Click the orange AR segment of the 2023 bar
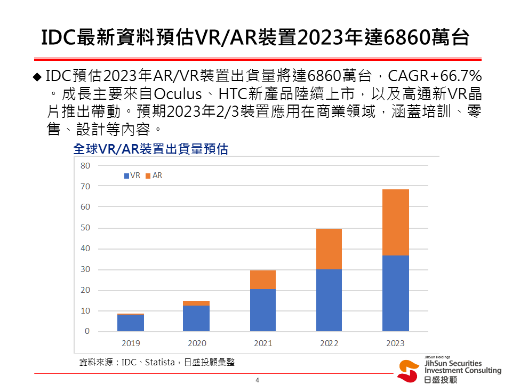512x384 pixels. point(396,222)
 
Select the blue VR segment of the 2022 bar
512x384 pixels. point(329,300)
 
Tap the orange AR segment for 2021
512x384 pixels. point(263,279)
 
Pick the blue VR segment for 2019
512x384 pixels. point(131,323)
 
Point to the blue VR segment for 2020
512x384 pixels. point(197,318)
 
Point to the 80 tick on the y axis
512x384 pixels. point(85,165)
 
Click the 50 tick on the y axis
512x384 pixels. point(85,228)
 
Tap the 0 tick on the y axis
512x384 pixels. point(87,332)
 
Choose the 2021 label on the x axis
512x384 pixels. point(263,343)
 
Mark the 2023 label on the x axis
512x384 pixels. point(396,343)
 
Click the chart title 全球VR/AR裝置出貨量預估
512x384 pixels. point(150,149)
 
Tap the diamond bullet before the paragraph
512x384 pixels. point(37,76)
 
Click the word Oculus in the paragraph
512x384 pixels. point(178,95)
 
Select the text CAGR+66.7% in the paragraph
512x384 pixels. point(435,76)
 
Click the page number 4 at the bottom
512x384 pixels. point(257,380)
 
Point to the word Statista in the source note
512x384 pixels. point(159,363)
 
